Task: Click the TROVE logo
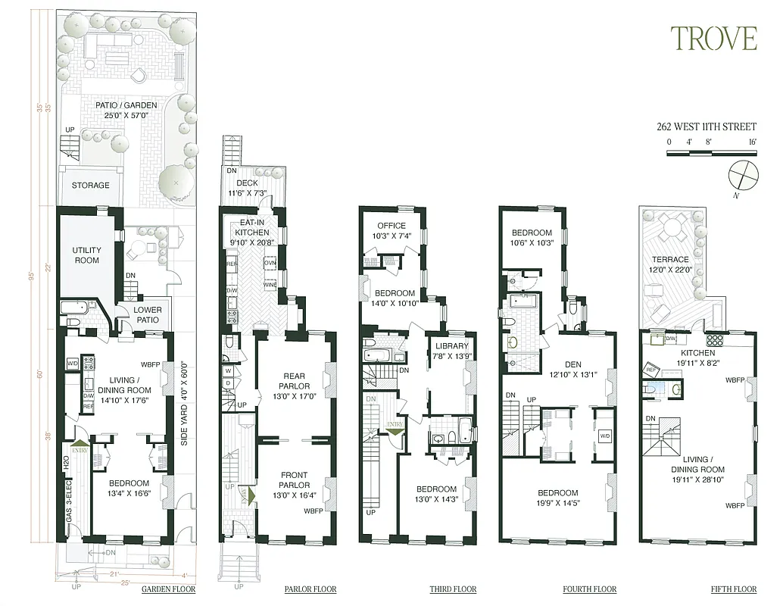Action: point(713,38)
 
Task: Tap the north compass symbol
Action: point(742,174)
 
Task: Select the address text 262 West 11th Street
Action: point(706,127)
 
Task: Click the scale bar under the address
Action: point(712,153)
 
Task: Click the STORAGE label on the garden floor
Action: point(91,186)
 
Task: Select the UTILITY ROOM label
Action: point(86,255)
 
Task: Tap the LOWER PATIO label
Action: point(147,314)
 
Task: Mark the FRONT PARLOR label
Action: point(294,480)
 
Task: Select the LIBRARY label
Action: point(452,351)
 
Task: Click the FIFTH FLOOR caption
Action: point(734,589)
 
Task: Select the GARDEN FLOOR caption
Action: point(168,589)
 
